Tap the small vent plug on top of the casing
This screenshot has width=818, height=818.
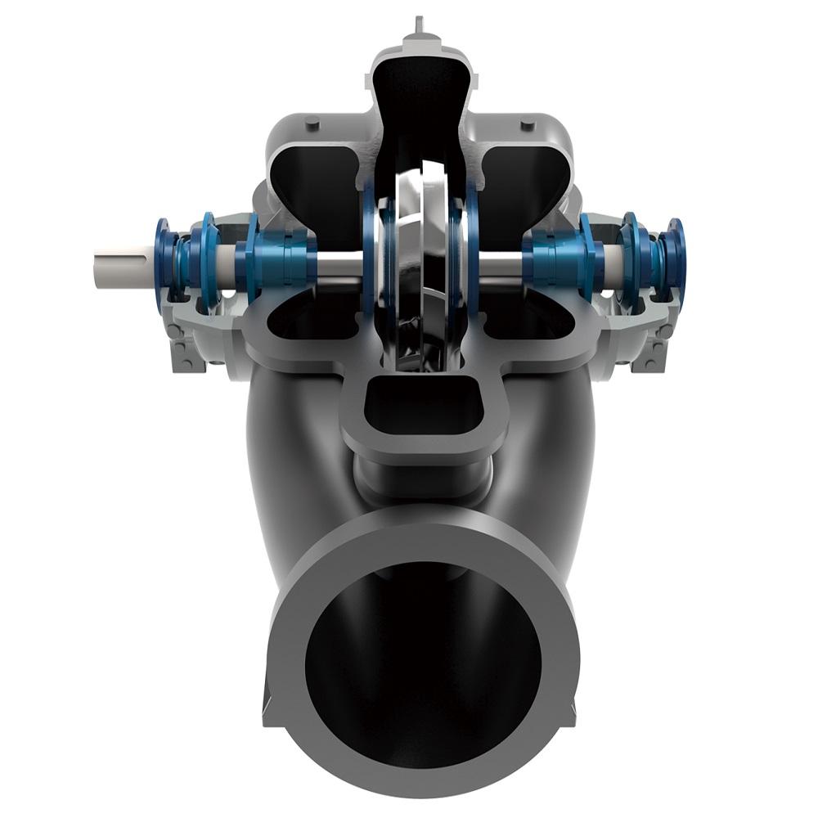point(419,25)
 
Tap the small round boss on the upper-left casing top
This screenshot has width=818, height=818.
point(311,123)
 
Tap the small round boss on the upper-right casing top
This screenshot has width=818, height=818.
point(528,124)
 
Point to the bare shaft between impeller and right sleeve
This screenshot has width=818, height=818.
point(499,263)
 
